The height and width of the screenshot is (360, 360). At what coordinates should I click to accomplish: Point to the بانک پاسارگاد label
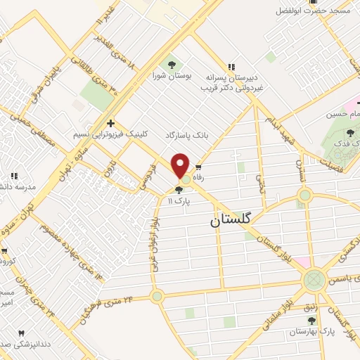click(188, 134)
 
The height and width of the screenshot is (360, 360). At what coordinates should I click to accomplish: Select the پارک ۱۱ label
click(179, 200)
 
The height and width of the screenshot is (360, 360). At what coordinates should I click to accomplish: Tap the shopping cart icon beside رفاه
click(199, 168)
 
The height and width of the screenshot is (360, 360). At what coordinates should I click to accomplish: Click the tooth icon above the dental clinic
click(21, 333)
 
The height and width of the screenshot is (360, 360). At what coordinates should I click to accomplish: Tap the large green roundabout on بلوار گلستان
click(314, 280)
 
